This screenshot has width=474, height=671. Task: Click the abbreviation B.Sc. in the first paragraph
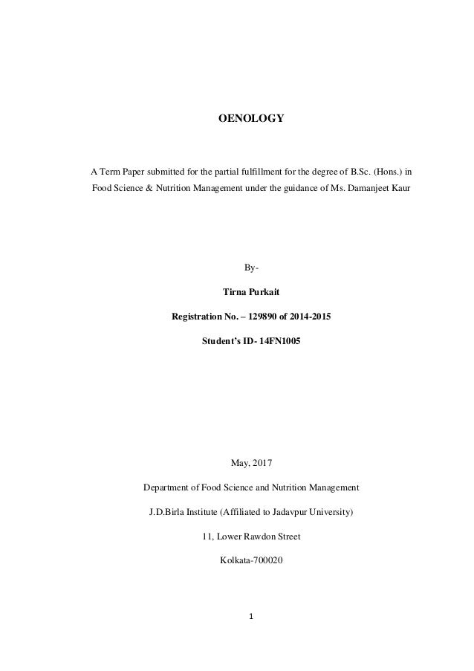[x=336, y=172]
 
